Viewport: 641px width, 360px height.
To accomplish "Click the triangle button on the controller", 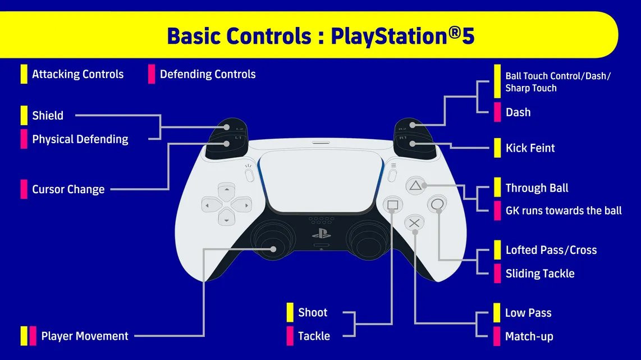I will [x=414, y=185].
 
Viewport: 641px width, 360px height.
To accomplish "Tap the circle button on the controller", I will [x=437, y=204].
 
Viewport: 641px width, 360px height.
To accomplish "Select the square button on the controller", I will [x=392, y=204].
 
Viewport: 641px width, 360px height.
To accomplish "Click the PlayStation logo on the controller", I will [x=320, y=233].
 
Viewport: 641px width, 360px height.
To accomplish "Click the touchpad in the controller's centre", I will [x=319, y=180].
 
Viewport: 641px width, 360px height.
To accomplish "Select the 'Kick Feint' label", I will [x=530, y=148].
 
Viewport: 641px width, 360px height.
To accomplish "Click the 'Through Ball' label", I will [x=537, y=188].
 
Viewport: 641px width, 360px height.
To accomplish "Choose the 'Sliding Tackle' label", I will [x=539, y=274].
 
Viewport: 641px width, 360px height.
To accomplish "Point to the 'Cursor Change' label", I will [x=68, y=189].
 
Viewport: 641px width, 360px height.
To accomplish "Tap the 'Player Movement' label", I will [x=84, y=336].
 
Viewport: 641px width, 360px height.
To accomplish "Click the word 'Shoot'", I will [x=313, y=313].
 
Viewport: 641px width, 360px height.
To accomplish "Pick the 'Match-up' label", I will [x=529, y=337].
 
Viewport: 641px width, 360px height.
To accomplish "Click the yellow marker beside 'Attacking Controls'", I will [x=24, y=74].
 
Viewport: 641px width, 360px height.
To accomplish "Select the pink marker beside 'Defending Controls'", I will [x=152, y=74].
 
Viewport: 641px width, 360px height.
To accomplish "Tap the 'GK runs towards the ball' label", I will [x=564, y=211].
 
